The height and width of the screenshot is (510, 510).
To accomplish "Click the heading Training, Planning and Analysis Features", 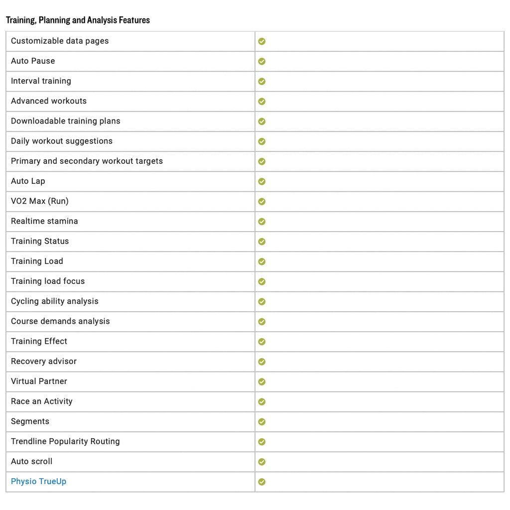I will coord(78,20).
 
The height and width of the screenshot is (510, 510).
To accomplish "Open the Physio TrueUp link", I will coord(38,482).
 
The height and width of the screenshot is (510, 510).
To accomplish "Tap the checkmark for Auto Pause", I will coord(262,61).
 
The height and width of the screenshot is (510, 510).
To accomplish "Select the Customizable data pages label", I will coord(60,41).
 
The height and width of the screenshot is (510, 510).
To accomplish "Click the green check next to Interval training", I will coord(262,81).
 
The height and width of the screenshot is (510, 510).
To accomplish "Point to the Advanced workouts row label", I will coord(49,101).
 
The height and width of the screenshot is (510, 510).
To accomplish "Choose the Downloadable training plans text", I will coord(66,121).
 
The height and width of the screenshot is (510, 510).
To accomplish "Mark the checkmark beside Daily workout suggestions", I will coord(262,141).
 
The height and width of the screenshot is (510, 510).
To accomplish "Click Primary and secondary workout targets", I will coord(87,161).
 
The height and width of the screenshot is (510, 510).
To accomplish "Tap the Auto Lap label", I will coord(28,181).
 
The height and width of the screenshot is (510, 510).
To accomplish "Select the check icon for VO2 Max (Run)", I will coord(262,202).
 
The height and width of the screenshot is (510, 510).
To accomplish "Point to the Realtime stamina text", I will coord(44,221).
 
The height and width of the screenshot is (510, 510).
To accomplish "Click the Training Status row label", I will coord(40,241).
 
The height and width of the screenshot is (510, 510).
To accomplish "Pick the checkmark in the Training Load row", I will coord(262,261).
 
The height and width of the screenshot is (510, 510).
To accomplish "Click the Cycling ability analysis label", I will coord(55,301).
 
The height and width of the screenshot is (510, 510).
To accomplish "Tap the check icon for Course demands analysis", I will coord(262,322).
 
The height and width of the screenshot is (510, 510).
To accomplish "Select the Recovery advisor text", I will coord(44,361).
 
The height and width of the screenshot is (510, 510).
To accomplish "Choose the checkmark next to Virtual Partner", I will coord(262,382).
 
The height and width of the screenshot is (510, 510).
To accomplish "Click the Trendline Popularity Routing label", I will coord(65,441).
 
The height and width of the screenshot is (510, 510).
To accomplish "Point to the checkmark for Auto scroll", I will coord(262,462).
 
